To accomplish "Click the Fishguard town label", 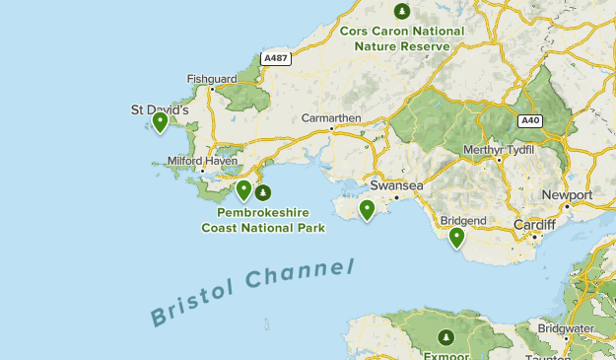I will pos(212,79).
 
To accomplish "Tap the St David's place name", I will pos(160,109).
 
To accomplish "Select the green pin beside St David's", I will pos(160,122).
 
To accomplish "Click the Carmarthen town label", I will pos(331,118).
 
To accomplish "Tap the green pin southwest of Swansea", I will pos(367,209).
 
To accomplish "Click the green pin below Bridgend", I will pos(456,237).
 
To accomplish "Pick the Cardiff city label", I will pos(534,225).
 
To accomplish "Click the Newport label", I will pos(567,195).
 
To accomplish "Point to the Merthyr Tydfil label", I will pos(499,149).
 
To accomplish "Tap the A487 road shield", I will pos(276,59).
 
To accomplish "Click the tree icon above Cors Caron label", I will pos(401,11).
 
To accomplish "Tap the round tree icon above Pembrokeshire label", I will pos(262,192).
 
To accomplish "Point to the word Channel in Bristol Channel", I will pos(301,274).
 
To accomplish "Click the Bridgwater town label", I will pos(565,327).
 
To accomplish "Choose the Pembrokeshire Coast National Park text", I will pos(263,220).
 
